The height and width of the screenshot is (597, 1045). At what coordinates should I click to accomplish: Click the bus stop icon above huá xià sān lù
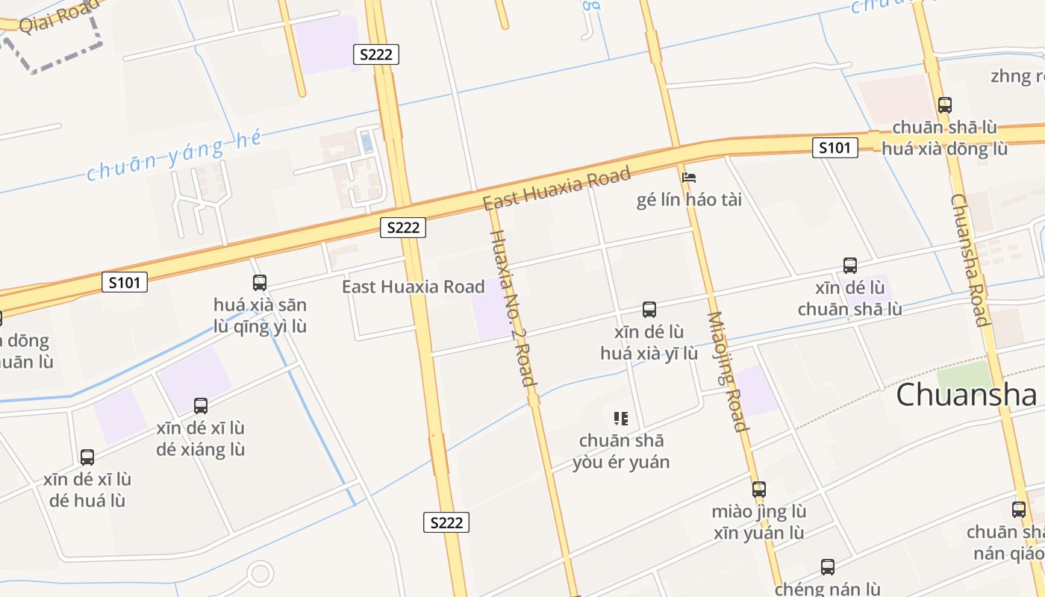point(260,283)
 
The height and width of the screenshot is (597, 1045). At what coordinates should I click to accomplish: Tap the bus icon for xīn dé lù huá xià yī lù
point(649,309)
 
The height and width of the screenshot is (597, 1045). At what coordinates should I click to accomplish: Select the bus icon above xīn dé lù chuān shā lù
point(849,265)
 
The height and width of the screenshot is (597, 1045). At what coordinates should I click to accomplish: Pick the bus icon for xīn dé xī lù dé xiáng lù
point(201,406)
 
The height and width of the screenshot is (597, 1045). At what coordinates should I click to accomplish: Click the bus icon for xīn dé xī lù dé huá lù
point(87,457)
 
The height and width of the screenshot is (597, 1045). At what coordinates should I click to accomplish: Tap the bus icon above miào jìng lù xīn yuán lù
point(759,490)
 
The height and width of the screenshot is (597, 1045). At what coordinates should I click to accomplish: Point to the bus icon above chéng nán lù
point(828,566)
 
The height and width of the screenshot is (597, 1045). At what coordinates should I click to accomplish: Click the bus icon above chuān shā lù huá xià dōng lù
point(945,105)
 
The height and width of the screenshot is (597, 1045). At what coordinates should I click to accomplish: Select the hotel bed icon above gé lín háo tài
point(689,178)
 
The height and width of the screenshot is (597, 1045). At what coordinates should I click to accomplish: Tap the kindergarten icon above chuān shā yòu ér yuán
point(621,418)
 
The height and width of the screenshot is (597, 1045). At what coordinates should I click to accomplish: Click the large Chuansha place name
point(966,394)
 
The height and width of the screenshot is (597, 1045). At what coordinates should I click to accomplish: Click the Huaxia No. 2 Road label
point(512,307)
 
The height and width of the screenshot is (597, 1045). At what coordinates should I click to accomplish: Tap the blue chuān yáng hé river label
point(175,155)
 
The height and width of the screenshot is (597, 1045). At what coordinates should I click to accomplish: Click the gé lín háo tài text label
point(689,200)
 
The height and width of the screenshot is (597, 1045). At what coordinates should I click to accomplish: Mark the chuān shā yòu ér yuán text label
point(621,451)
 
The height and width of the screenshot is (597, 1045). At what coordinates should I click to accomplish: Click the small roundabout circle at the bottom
point(261,574)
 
